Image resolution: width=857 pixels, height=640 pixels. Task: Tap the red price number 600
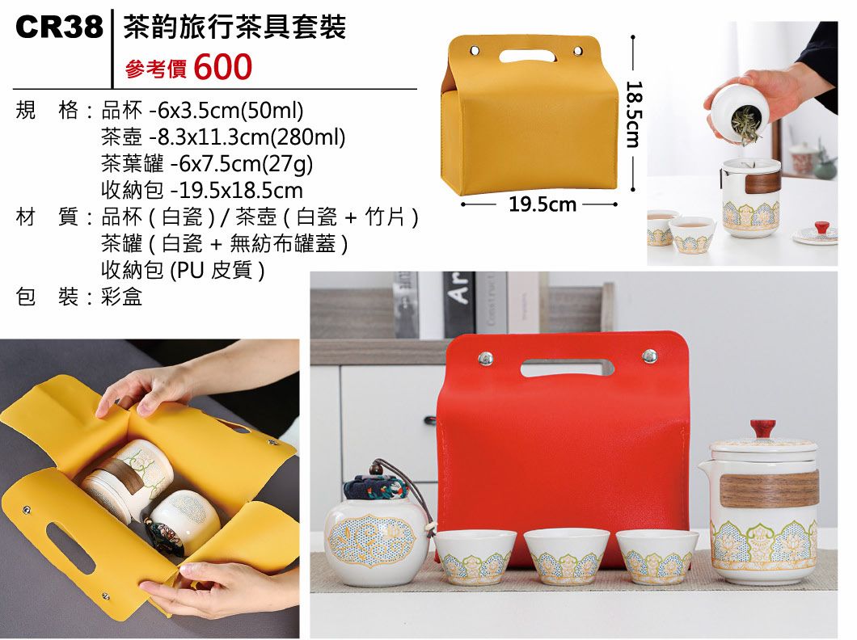(223, 67)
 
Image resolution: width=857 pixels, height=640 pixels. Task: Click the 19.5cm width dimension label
(542, 204)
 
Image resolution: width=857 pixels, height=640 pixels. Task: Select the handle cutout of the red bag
(566, 368)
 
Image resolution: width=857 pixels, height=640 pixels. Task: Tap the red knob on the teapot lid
(762, 429)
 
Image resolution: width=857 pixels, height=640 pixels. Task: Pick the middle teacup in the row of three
(566, 556)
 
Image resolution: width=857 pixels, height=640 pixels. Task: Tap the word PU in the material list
(188, 269)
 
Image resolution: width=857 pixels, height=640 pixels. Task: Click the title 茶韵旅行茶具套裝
(234, 27)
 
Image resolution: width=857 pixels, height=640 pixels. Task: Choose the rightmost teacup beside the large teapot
(656, 556)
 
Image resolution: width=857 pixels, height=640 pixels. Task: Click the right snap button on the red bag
(648, 356)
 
